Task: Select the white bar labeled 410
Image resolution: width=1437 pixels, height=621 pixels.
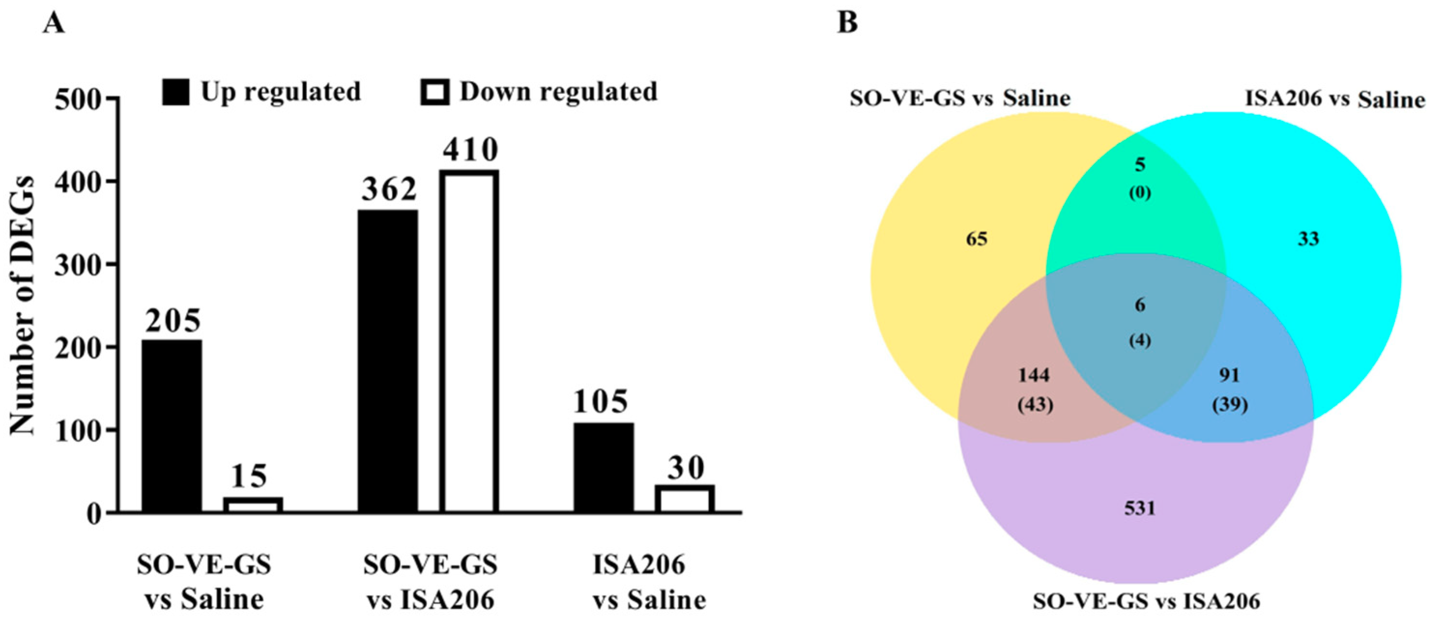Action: pyautogui.click(x=469, y=341)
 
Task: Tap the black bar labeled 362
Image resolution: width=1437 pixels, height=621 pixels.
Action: pyautogui.click(x=387, y=361)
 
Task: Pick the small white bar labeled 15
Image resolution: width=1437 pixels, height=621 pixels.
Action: pyautogui.click(x=253, y=505)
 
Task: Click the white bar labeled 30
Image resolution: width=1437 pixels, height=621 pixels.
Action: pyautogui.click(x=685, y=499)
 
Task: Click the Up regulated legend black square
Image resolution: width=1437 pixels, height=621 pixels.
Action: pyautogui.click(x=176, y=92)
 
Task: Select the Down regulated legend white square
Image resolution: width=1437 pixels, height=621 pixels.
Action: pyautogui.click(x=434, y=92)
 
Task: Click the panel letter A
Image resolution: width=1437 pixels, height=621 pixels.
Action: pyautogui.click(x=54, y=23)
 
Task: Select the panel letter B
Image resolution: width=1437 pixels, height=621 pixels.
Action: pyautogui.click(x=848, y=23)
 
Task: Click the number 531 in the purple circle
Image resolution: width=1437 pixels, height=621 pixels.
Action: pyautogui.click(x=1139, y=508)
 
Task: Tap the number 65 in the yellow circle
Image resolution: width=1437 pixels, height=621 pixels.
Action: pyautogui.click(x=976, y=239)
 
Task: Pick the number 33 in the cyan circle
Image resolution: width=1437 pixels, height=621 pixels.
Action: pyautogui.click(x=1308, y=239)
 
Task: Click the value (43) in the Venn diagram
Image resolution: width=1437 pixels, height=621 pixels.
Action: pyautogui.click(x=1035, y=405)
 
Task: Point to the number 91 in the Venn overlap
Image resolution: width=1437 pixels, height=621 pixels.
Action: pyautogui.click(x=1229, y=375)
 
